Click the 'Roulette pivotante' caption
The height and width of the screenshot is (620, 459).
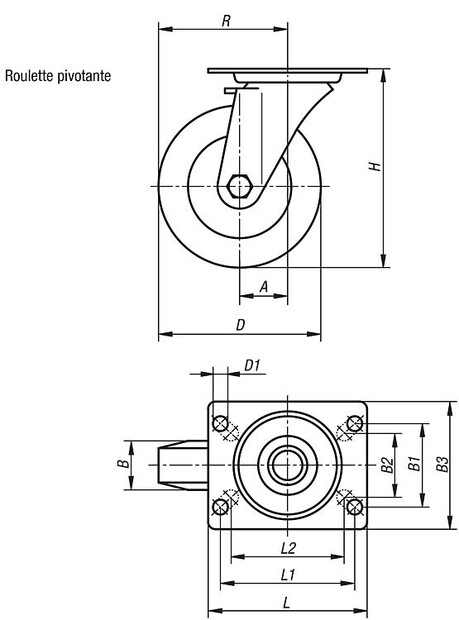(x=58, y=75)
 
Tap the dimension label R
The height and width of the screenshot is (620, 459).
(x=226, y=21)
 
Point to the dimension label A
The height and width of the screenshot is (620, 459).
(x=264, y=287)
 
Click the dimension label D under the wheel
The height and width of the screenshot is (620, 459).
(x=241, y=325)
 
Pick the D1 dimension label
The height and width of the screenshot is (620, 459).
(x=252, y=365)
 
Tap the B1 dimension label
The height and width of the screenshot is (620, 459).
(x=414, y=463)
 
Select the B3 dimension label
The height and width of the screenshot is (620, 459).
(x=442, y=465)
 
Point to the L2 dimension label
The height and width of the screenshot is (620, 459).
(x=289, y=548)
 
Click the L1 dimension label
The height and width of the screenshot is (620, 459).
(x=288, y=575)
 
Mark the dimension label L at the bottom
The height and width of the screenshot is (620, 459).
(x=287, y=603)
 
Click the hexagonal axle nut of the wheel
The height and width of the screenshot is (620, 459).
(x=239, y=186)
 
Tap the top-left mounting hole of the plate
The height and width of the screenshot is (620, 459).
(x=220, y=423)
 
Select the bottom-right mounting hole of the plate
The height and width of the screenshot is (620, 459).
(x=355, y=507)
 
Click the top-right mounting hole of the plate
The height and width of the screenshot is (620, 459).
(x=355, y=423)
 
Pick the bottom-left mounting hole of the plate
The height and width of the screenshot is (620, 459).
(x=220, y=507)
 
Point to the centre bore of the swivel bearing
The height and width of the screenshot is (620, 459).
(x=288, y=465)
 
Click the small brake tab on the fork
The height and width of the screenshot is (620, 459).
(x=230, y=91)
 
